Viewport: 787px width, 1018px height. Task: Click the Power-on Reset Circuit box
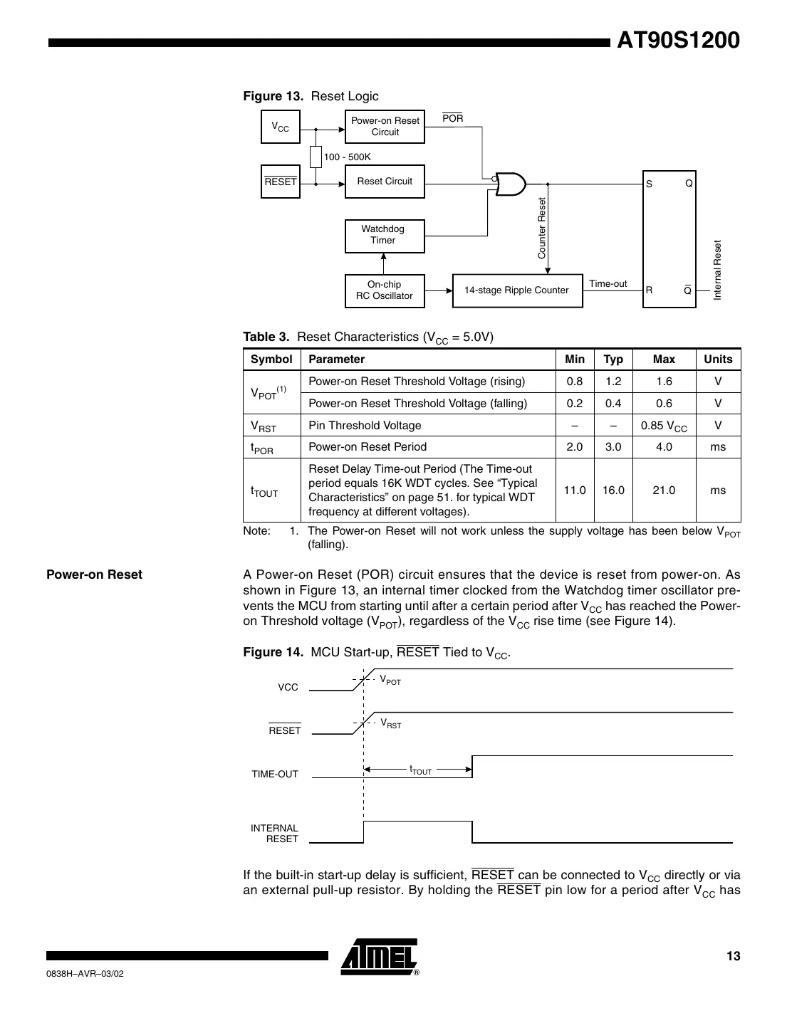[385, 127]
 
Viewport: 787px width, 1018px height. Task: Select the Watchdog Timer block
[385, 236]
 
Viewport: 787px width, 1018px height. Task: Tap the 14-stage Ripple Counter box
[517, 290]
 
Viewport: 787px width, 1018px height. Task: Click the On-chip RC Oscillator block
[385, 290]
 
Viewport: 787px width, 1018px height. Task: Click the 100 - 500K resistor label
[347, 157]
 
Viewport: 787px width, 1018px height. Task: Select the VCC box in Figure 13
[281, 127]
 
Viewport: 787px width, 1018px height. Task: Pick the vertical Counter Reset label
[541, 229]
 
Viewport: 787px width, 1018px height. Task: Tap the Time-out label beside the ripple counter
[608, 283]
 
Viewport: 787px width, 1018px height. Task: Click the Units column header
[718, 360]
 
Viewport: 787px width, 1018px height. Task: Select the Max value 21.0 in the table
[664, 490]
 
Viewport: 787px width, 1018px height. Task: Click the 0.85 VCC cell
[664, 426]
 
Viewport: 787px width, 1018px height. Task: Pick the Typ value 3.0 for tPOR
[613, 447]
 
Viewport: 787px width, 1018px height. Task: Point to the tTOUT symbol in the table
[264, 491]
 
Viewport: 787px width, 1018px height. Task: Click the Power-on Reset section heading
[94, 574]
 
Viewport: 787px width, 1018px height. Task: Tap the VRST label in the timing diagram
[390, 724]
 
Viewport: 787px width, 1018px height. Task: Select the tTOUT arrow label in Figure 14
[420, 770]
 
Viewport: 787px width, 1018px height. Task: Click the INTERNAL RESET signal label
[275, 834]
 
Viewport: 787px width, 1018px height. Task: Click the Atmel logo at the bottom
[380, 957]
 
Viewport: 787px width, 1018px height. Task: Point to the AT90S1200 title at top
[678, 41]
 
